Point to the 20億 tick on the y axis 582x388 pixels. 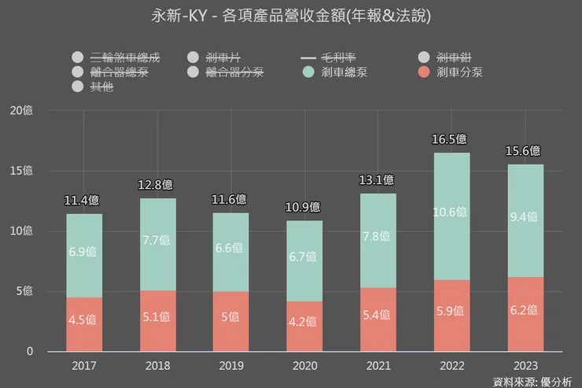pos(20,111)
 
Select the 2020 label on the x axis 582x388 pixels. pos(304,366)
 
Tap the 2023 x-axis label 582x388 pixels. pos(525,366)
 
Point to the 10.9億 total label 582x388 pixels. pos(304,207)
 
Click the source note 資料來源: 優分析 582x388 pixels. pos(532,382)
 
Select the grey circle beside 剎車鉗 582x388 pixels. pos(424,57)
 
